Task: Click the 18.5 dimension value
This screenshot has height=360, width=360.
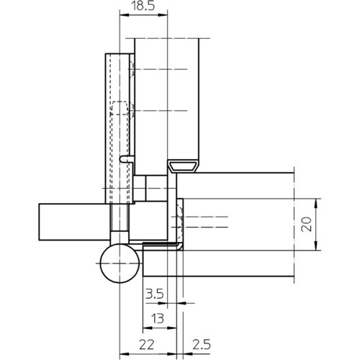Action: [143, 6]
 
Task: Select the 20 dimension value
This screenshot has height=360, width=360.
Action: [307, 224]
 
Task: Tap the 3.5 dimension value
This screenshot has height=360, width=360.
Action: [155, 294]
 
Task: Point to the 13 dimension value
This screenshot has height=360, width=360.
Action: [158, 318]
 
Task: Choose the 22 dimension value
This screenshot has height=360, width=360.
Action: [147, 345]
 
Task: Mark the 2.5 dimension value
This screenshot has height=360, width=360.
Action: [202, 345]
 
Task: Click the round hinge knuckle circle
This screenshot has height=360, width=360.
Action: [120, 263]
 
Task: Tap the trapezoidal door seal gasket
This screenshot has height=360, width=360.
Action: [183, 166]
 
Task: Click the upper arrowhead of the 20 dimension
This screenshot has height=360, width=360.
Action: [316, 203]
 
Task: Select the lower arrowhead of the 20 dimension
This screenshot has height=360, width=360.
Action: [316, 246]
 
